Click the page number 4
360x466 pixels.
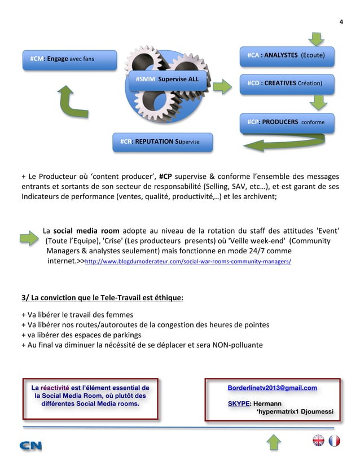(x=340, y=22)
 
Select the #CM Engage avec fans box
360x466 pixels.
(x=69, y=59)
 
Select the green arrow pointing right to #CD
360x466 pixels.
(x=222, y=86)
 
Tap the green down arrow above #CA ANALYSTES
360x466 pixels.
(x=317, y=39)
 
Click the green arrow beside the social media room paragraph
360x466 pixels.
(x=29, y=240)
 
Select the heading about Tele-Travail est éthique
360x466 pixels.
(x=102, y=297)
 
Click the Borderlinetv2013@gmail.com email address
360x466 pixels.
(x=272, y=388)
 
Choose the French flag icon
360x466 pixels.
(x=334, y=441)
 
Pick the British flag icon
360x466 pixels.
(x=318, y=441)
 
